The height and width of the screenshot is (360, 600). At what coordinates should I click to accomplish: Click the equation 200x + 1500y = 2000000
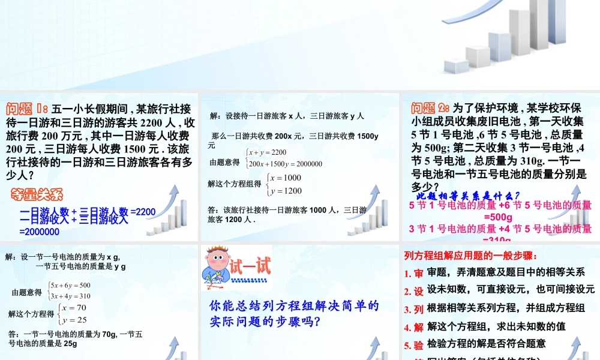tap(286, 164)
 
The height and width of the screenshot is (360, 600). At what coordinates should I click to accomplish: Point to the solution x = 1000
tap(286, 178)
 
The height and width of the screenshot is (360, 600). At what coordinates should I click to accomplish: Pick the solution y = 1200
tap(286, 191)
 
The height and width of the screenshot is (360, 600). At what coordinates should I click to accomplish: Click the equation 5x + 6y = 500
tap(71, 285)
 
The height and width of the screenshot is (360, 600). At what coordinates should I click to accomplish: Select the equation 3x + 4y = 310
tap(71, 296)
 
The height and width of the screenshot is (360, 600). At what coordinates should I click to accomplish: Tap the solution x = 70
tap(73, 308)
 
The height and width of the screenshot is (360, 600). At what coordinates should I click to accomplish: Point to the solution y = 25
tap(73, 320)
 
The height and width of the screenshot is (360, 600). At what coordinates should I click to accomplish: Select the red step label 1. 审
tap(414, 274)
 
